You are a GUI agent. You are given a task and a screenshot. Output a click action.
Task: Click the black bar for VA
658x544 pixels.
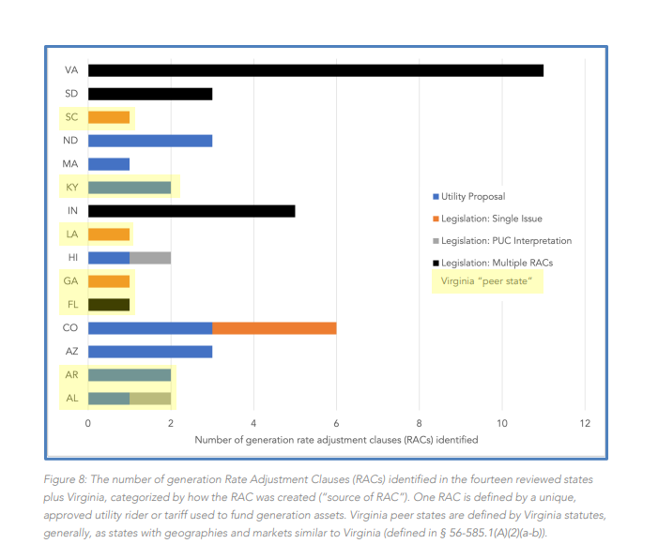coord(315,70)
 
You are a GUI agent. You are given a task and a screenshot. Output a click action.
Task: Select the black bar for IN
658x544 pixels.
coord(191,211)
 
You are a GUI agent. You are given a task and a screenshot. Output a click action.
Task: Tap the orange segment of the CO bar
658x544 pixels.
coord(274,328)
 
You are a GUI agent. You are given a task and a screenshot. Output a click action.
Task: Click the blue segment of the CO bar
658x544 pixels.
coord(150,328)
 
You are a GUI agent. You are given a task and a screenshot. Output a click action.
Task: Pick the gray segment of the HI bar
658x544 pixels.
coord(150,258)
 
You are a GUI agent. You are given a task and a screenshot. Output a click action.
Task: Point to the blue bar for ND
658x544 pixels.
coord(150,141)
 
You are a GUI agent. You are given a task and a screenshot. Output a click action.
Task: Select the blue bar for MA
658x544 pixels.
coord(109,164)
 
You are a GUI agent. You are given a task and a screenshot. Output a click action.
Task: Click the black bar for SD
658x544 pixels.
coord(150,94)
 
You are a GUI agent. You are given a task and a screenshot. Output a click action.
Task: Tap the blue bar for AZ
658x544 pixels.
coord(150,352)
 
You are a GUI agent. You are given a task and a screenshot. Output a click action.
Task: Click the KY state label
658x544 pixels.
coord(71,188)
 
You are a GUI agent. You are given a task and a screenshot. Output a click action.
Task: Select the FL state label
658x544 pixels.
coord(71,305)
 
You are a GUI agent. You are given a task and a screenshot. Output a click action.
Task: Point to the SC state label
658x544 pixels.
coord(71,117)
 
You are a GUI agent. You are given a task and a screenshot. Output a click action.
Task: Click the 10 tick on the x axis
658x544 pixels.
coord(502,423)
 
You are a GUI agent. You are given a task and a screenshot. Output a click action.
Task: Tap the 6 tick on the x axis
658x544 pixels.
coord(336,423)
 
